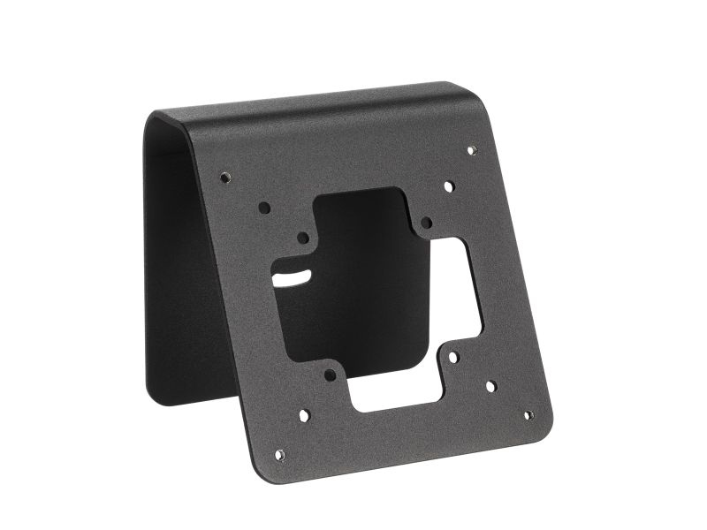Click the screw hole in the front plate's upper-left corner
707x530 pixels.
pyautogui.click(x=225, y=177)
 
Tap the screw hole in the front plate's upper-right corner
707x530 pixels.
pyautogui.click(x=471, y=150)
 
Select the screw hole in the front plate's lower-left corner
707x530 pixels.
pyautogui.click(x=279, y=455)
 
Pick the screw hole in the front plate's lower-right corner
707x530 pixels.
pyautogui.click(x=528, y=415)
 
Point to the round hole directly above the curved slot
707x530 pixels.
pyautogui.click(x=303, y=238)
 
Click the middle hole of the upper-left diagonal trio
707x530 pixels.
pyautogui.click(x=264, y=208)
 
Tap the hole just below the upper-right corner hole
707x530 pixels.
pyautogui.click(x=449, y=187)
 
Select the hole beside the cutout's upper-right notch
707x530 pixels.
pyautogui.click(x=426, y=223)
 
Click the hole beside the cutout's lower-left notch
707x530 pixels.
pyautogui.click(x=330, y=375)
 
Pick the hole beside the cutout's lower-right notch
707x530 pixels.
pyautogui.click(x=452, y=358)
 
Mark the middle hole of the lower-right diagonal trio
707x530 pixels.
pyautogui.click(x=490, y=386)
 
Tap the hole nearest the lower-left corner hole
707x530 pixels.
pyautogui.click(x=304, y=414)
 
